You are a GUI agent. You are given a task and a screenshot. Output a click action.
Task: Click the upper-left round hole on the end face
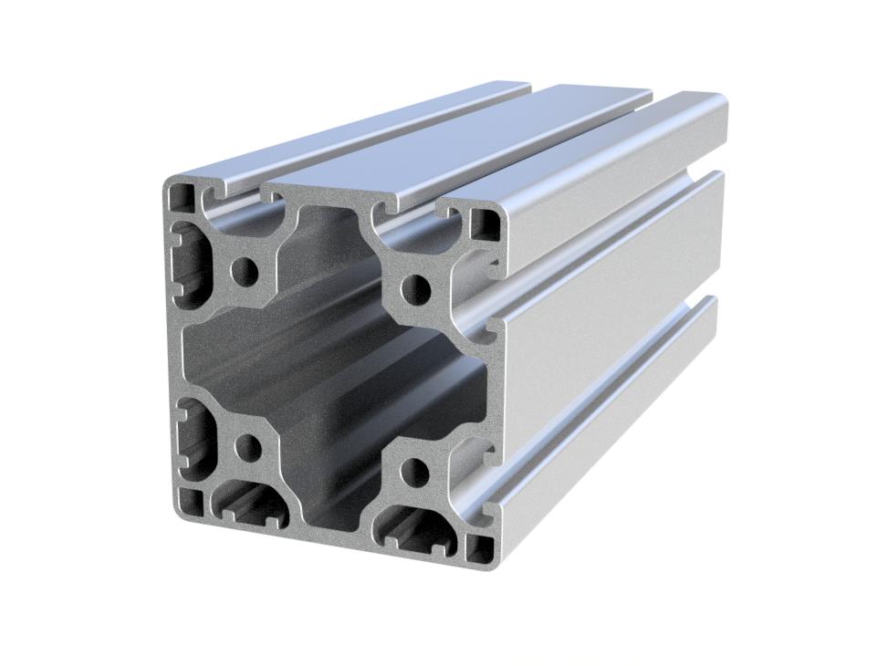click(x=244, y=270)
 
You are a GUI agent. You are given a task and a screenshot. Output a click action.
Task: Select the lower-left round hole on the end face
click(x=247, y=447)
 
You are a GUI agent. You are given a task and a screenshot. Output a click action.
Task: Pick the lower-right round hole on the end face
click(x=413, y=472)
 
